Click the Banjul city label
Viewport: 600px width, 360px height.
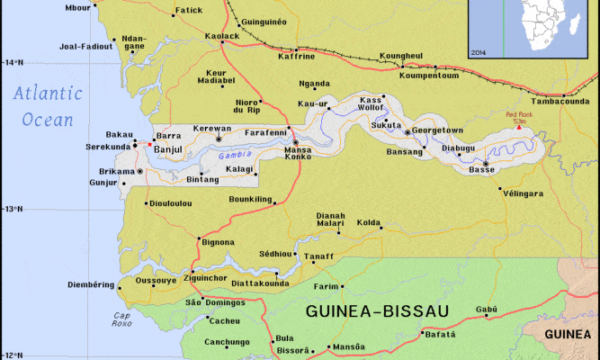pyautogui.click(x=168, y=149)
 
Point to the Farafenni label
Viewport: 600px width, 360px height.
pyautogui.click(x=265, y=131)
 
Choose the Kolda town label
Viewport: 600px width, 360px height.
pyautogui.click(x=369, y=221)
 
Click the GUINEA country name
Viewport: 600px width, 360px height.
pyautogui.click(x=569, y=333)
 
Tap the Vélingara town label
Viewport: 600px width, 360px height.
pyautogui.click(x=524, y=193)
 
